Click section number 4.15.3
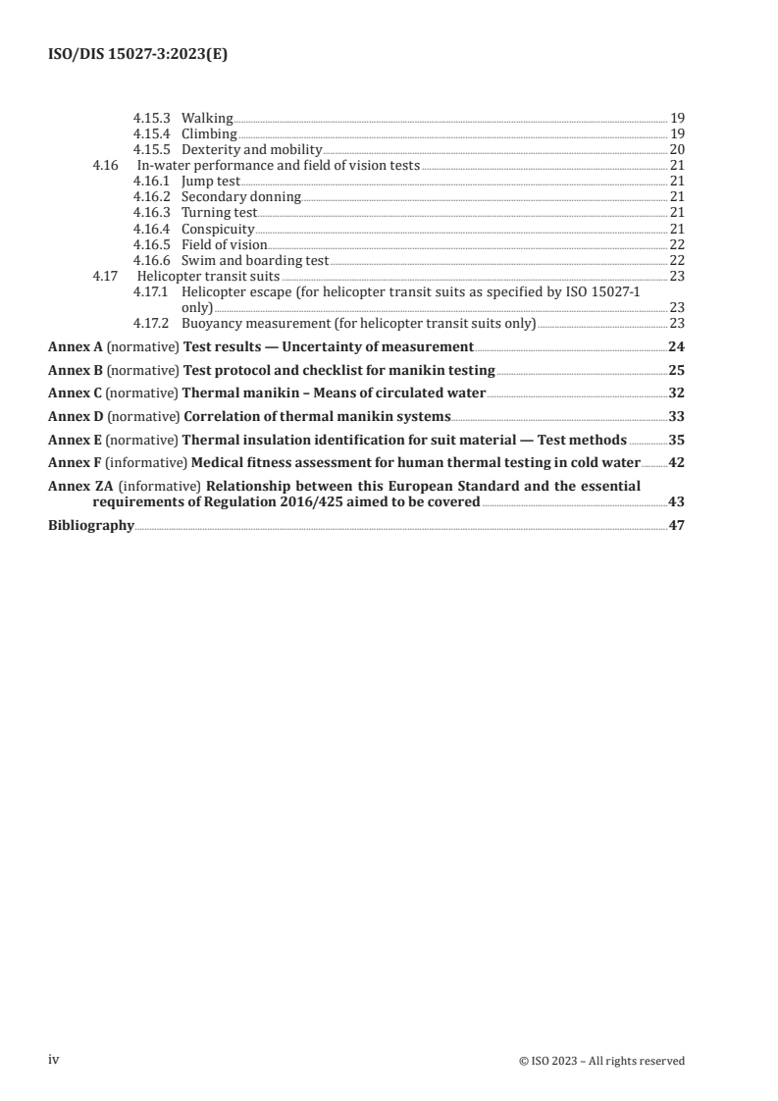tap(151, 118)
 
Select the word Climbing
tap(209, 133)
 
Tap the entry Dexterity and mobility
tap(251, 149)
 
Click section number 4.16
tap(104, 165)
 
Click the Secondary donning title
tap(240, 196)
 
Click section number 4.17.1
tap(151, 290)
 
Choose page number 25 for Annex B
tap(675, 370)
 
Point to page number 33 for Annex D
tap(675, 416)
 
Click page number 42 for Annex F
tap(675, 462)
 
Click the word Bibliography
tap(91, 525)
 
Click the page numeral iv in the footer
tap(55, 1060)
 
